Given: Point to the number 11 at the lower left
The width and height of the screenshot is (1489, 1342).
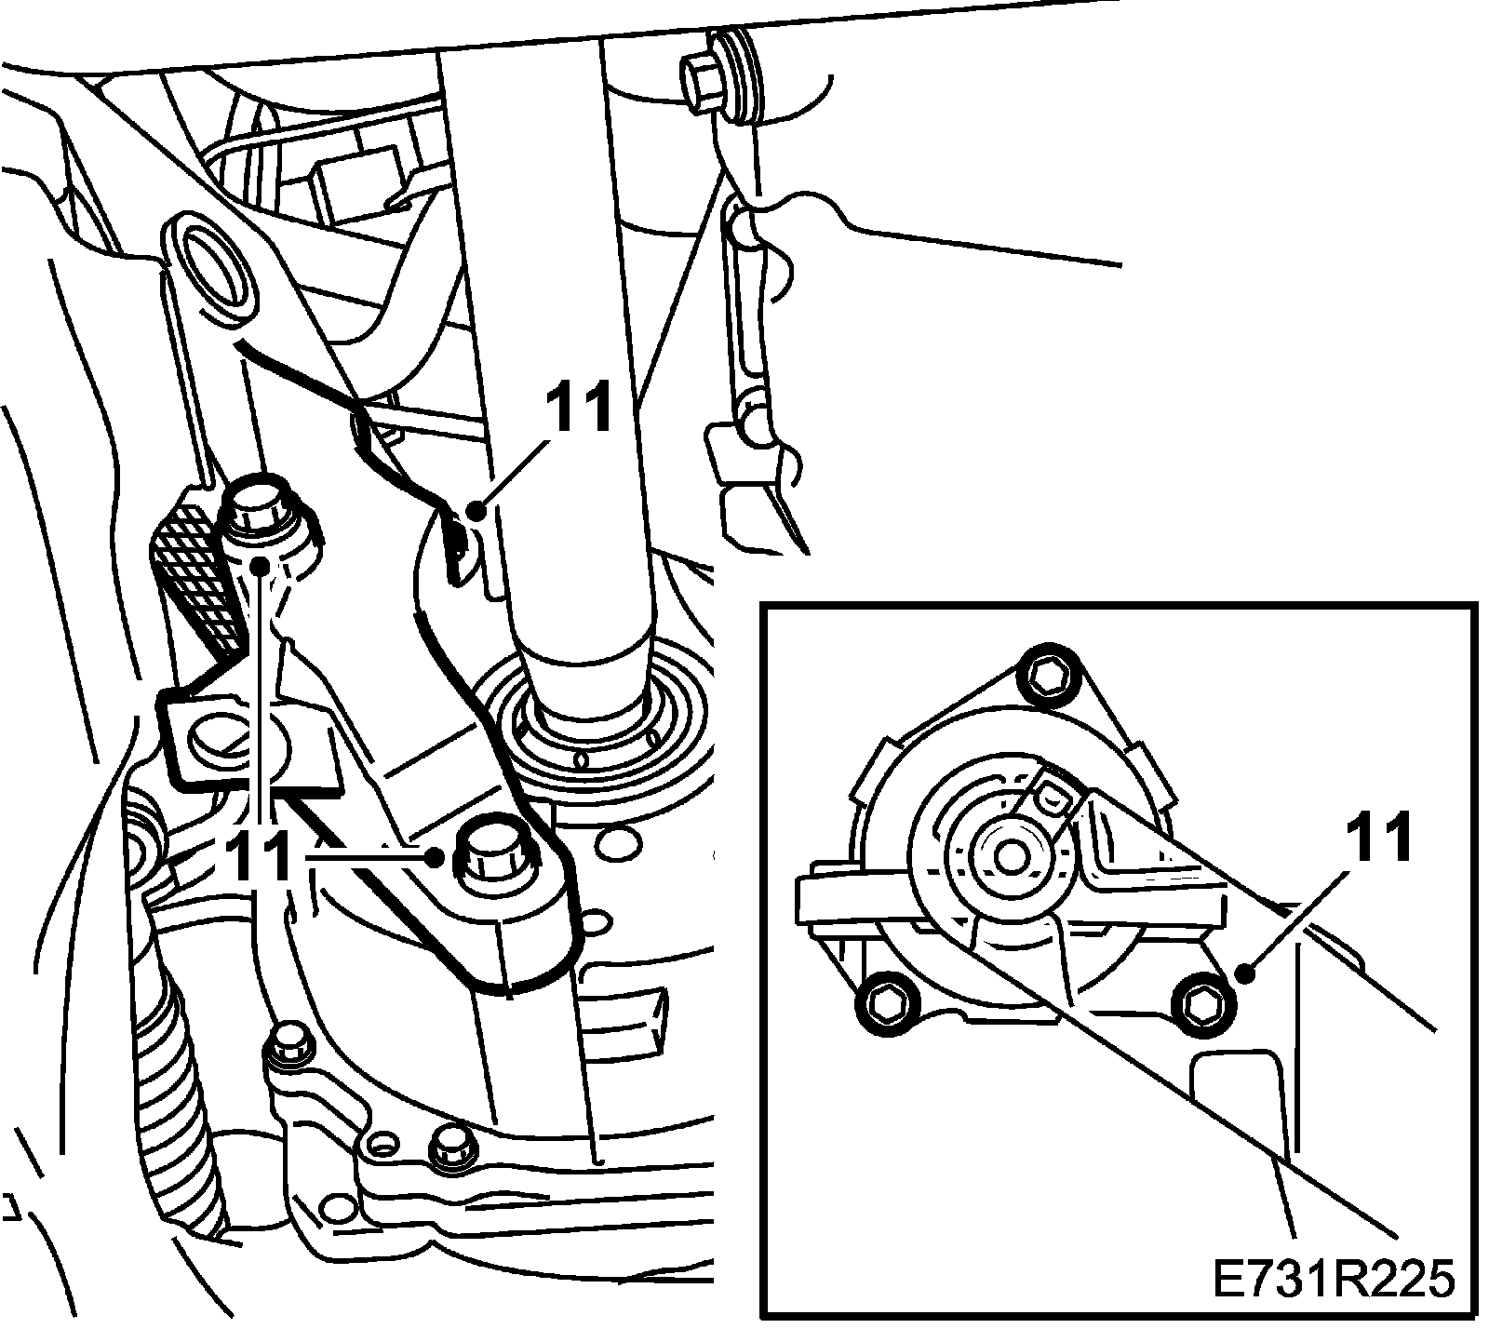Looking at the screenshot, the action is pos(256,856).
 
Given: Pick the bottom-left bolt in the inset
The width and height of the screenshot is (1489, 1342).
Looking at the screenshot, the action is pos(883,1003).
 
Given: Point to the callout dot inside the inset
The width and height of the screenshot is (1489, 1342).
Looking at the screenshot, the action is pos(1244,974).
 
